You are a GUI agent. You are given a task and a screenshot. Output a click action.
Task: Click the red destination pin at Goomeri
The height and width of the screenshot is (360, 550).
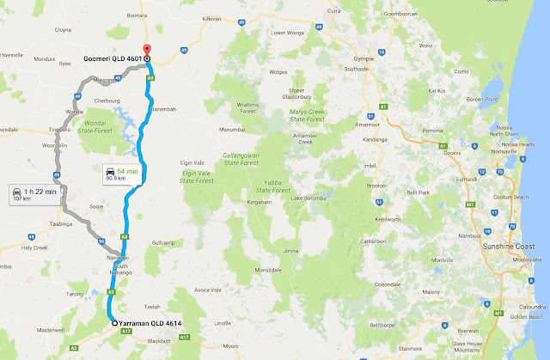coord(147,50)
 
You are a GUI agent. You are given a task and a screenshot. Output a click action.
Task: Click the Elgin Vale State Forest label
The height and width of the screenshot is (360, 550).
coord(197,176)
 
